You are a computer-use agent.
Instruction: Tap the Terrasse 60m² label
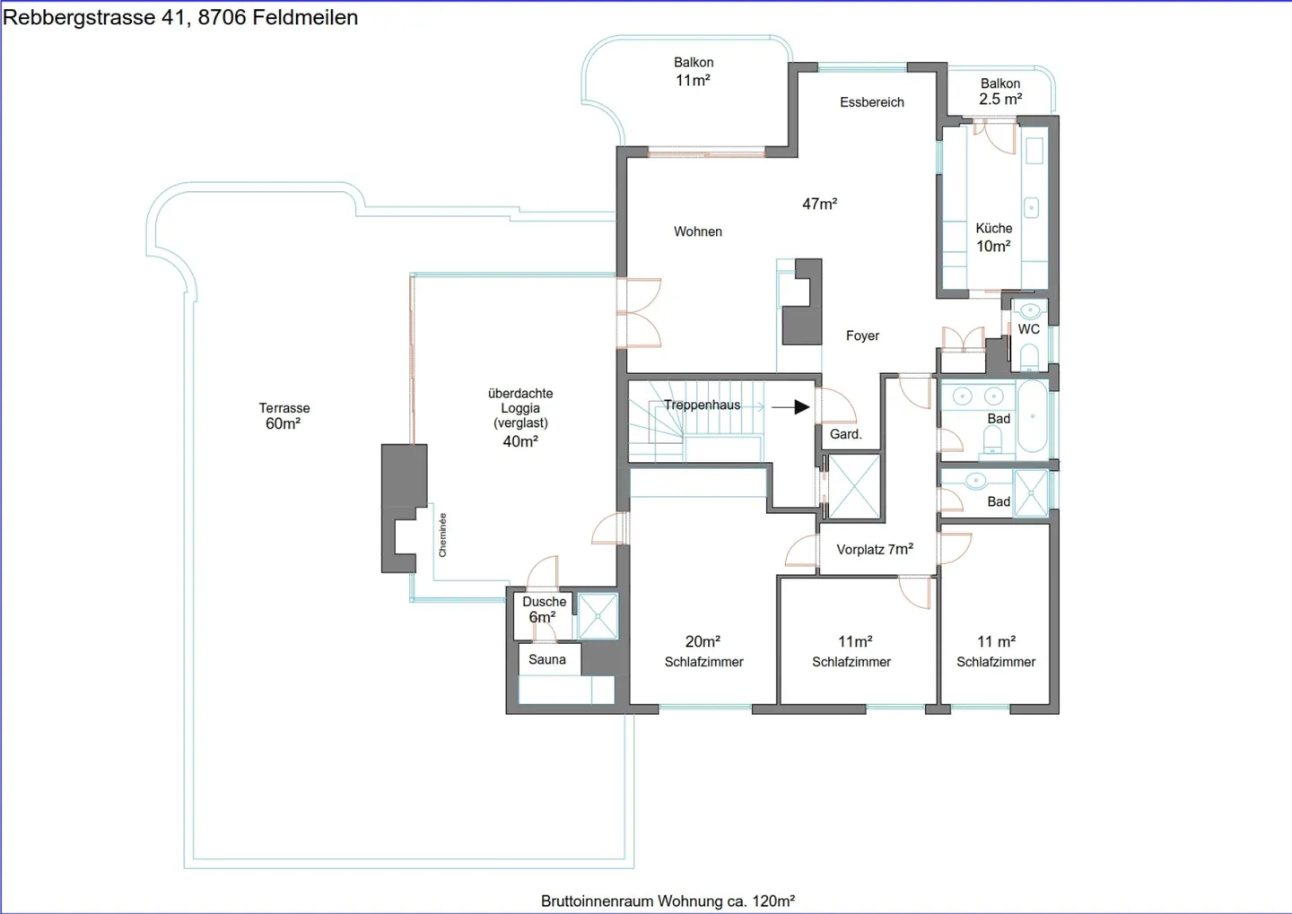[x=284, y=416]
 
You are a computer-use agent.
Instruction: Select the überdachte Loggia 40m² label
[x=520, y=417]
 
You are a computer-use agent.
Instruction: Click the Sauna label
[x=546, y=659]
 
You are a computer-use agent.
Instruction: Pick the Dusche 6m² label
[x=544, y=610]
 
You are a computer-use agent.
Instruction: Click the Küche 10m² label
[x=994, y=237]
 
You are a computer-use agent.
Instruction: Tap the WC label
[x=1028, y=329]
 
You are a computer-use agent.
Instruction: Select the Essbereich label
[x=871, y=102]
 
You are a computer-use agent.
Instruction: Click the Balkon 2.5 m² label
[x=1000, y=91]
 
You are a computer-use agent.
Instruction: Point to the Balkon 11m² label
[x=694, y=71]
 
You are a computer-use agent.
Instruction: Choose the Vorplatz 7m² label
[x=875, y=550]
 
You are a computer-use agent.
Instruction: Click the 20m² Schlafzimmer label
[x=703, y=651]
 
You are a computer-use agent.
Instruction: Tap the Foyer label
[x=862, y=335]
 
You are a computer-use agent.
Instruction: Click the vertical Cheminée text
[x=442, y=535]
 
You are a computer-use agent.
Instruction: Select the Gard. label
[x=845, y=434]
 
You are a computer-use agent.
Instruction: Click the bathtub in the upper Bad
[x=1033, y=416]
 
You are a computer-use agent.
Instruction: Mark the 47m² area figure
[x=820, y=204]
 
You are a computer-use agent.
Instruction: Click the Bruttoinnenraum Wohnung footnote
[x=668, y=901]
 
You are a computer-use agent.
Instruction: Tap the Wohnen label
[x=698, y=231]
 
